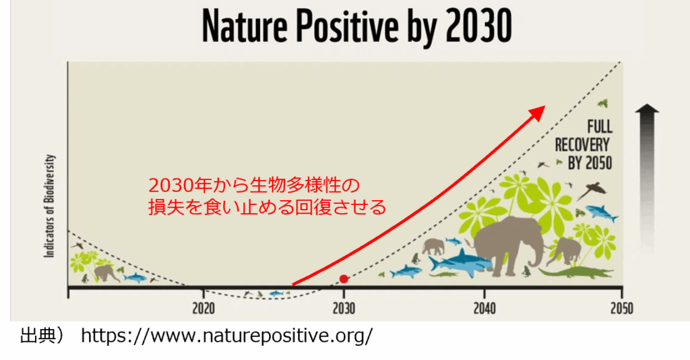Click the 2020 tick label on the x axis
(x=203, y=308)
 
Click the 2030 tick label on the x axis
(x=344, y=308)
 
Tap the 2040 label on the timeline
(x=484, y=308)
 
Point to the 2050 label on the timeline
(x=622, y=308)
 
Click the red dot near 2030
(x=344, y=278)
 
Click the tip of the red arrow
(x=544, y=106)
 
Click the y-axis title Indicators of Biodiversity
(x=49, y=206)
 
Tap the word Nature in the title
(x=245, y=26)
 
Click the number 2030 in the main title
(x=479, y=26)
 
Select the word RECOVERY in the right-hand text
(x=582, y=145)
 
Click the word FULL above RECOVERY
(x=599, y=127)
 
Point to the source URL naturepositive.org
(x=227, y=336)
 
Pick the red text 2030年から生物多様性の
(x=254, y=185)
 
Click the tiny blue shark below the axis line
(x=276, y=293)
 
